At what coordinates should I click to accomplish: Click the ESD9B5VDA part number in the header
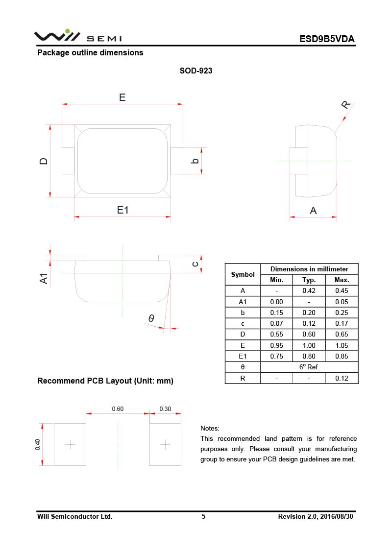pos(327,39)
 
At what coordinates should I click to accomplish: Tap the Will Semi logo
pos(77,37)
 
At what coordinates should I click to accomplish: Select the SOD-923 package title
pos(196,71)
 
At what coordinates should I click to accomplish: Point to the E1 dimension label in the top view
pos(122,210)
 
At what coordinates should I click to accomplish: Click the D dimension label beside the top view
pos(44,161)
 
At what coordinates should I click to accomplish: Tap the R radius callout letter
pos(346,104)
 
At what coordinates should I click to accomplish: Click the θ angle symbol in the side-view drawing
pos(151,319)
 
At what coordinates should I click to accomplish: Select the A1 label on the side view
pos(44,279)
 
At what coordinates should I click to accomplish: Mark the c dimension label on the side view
pos(195,264)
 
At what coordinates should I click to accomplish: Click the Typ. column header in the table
pos(309,280)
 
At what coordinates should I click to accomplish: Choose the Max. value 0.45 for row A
pos(342,291)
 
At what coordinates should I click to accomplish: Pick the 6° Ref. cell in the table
pos(309,367)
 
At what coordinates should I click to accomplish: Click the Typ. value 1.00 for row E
pos(309,345)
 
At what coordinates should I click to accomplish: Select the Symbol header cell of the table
pos(243,275)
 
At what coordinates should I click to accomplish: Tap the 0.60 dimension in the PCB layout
pos(118,409)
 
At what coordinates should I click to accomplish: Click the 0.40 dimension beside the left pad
pos(38,444)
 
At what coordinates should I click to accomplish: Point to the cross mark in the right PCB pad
pos(165,444)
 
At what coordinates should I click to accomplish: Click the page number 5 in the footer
pos(203,516)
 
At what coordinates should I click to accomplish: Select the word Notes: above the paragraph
pos(210,428)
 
